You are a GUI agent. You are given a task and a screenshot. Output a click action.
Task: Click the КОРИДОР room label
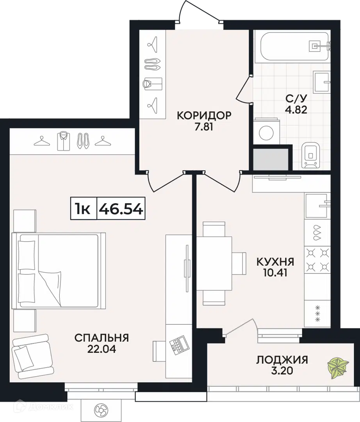204,115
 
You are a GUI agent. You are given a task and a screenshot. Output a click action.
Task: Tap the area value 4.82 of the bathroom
296,110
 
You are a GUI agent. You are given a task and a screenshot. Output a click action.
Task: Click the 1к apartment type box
83,208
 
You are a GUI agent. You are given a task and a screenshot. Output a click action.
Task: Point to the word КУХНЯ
275,261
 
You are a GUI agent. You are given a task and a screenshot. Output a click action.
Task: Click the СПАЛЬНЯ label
102,338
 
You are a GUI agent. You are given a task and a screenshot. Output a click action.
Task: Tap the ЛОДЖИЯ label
282,359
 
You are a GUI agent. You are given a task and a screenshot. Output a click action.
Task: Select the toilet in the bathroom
310,155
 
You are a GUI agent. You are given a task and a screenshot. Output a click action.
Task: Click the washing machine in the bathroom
266,132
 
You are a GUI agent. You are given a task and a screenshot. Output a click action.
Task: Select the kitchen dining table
214,263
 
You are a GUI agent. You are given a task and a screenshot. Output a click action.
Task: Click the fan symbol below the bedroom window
101,411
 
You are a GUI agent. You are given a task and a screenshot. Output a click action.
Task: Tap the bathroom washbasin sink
322,81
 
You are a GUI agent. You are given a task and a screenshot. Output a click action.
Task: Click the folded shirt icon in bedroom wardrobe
64,141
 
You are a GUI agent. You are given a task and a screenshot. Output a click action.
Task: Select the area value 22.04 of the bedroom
102,349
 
